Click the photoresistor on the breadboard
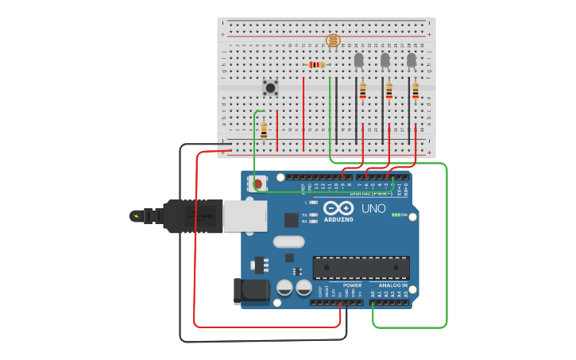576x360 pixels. (333, 41)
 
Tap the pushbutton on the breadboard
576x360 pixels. (270, 87)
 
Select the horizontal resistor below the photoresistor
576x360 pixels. (317, 64)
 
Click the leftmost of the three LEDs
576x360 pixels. (358, 60)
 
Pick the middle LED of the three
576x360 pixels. (385, 60)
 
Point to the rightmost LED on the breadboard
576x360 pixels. (412, 60)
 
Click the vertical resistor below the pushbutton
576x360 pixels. (264, 130)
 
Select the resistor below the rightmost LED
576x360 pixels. (415, 91)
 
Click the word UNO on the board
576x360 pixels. (373, 209)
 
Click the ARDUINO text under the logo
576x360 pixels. (338, 219)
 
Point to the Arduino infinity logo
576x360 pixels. (338, 207)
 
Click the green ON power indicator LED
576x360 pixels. (396, 215)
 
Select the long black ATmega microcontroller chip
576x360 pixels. (361, 268)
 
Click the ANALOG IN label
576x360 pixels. (392, 285)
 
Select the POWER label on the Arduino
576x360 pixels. (352, 285)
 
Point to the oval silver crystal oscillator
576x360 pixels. (288, 242)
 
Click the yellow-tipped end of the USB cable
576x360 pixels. (136, 215)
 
